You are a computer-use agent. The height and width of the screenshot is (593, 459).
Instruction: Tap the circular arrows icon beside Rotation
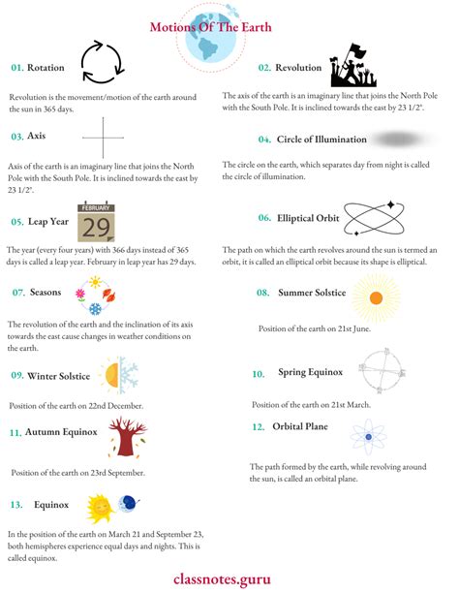pos(101,63)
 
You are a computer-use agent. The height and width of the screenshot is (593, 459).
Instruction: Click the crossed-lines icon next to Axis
pos(104,138)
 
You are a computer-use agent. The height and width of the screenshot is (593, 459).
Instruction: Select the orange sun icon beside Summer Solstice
pos(377,297)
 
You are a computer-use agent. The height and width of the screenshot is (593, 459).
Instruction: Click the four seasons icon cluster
pos(95,296)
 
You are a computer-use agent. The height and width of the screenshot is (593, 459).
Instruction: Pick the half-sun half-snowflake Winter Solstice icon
pos(116,375)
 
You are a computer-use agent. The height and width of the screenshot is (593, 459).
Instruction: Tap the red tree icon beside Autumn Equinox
pos(126,437)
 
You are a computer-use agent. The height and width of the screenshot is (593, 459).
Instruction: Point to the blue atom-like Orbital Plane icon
pos(368,437)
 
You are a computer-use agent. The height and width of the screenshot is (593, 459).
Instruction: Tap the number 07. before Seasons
pos(17,293)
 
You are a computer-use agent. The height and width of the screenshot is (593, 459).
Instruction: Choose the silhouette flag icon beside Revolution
pos(351,67)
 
